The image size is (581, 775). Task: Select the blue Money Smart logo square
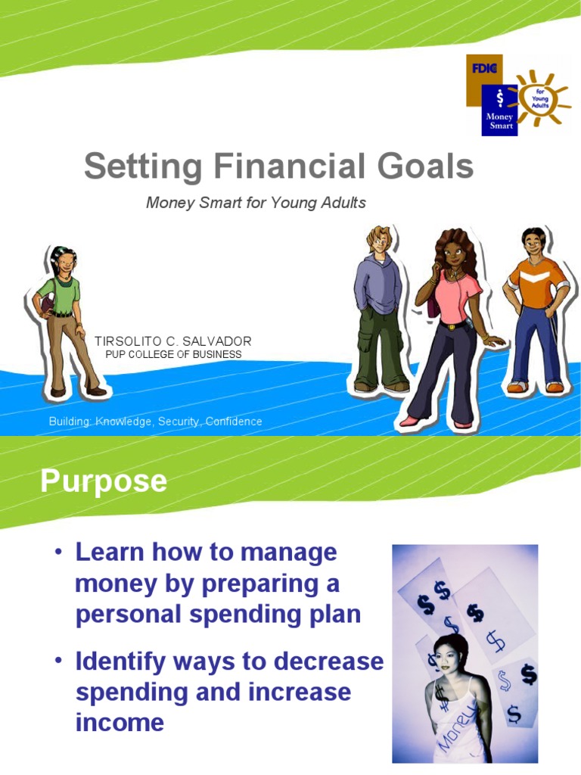click(x=499, y=110)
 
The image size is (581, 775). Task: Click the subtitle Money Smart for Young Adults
click(x=256, y=203)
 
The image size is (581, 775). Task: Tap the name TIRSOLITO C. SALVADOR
click(x=172, y=342)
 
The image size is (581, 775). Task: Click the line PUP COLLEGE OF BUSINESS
click(x=173, y=354)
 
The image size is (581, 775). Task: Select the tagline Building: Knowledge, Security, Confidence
click(x=155, y=422)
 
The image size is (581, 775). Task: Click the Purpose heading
click(x=104, y=481)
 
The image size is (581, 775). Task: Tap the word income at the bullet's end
click(x=120, y=723)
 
